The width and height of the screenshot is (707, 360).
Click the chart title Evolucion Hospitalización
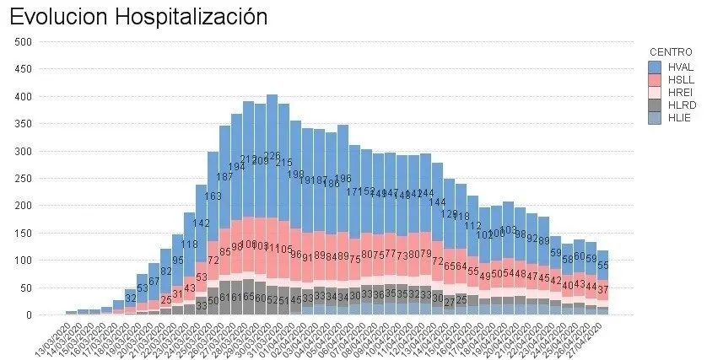click(x=139, y=16)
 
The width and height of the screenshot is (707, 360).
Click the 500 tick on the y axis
click(x=23, y=42)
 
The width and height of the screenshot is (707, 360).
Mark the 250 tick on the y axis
click(x=23, y=179)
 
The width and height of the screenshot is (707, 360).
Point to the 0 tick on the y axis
click(x=29, y=315)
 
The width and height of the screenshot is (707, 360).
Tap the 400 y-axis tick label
click(x=23, y=97)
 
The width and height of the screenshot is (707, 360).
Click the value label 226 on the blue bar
click(x=272, y=157)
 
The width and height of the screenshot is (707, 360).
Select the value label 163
click(x=213, y=196)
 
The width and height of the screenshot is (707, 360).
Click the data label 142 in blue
click(x=202, y=223)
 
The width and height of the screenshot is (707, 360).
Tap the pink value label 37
click(x=603, y=289)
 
